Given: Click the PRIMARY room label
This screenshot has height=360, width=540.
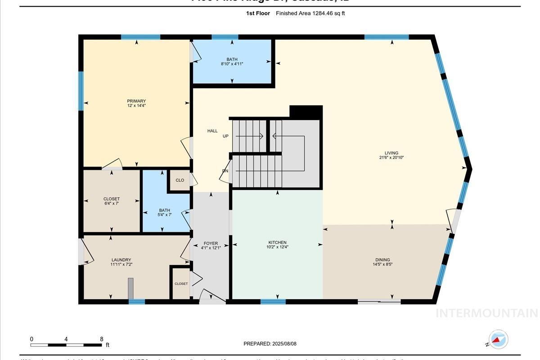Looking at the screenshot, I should pos(136,101).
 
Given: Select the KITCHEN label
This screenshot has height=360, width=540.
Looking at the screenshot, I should pos(277,243).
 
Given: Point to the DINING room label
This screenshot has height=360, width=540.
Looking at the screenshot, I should pos(382,260).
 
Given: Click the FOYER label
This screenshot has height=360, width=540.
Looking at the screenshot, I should pos(211,243).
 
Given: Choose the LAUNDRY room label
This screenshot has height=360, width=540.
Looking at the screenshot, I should pos(121,260).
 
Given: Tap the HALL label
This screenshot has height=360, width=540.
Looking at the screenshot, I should pos(212,131).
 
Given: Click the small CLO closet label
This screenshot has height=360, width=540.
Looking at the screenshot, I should pos(180,180).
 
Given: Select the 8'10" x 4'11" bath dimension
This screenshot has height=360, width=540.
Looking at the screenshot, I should pos(232,64).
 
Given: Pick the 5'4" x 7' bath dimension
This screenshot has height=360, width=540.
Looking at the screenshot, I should pos(164,215).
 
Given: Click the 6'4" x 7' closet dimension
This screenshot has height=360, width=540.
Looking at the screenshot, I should pos(112,203).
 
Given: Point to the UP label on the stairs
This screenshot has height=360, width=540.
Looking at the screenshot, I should pos(225,136).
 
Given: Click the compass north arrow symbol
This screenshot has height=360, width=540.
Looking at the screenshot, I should pos(498,340).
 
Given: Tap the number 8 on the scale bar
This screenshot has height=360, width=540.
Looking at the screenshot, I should pos(101,339).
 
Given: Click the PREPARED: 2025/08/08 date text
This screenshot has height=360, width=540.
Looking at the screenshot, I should pos(270,344).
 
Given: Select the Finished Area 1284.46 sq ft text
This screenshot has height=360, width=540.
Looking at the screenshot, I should pos(310,13).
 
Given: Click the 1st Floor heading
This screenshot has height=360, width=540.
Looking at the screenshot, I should pos(258,13).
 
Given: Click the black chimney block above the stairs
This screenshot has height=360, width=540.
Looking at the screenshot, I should pos(306,112).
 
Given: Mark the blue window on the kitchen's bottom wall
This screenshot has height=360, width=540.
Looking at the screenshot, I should pos(273,301).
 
